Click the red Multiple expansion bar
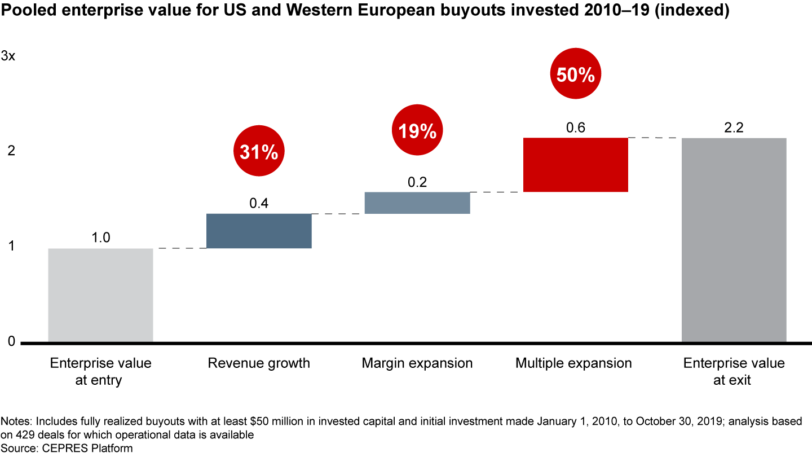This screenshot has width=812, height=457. pyautogui.click(x=575, y=165)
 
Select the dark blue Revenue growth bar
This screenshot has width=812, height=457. pyautogui.click(x=259, y=231)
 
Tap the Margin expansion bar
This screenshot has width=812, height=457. pyautogui.click(x=417, y=203)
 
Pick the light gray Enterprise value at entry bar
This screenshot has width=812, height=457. pyautogui.click(x=100, y=295)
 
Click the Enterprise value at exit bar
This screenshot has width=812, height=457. pyautogui.click(x=734, y=240)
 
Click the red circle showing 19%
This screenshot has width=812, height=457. pyautogui.click(x=417, y=131)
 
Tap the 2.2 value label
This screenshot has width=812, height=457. pyautogui.click(x=734, y=128)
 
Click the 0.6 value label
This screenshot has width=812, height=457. pyautogui.click(x=575, y=128)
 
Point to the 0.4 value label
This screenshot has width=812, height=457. pyautogui.click(x=259, y=203)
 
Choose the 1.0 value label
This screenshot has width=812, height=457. pyautogui.click(x=100, y=238)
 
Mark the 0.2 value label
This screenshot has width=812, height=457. pyautogui.click(x=417, y=182)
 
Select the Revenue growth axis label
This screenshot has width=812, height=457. pyautogui.click(x=259, y=363)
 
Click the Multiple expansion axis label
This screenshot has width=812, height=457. pyautogui.click(x=573, y=363)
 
